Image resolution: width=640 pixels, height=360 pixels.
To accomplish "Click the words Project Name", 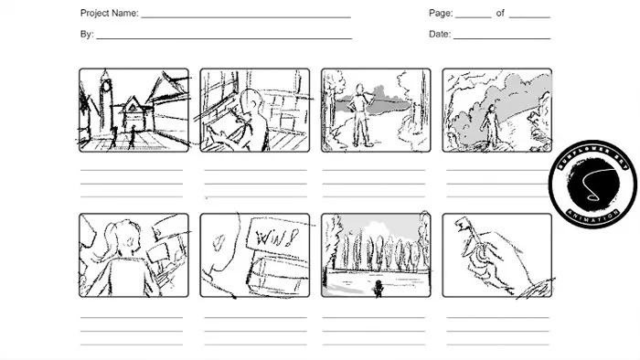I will pos(109,14).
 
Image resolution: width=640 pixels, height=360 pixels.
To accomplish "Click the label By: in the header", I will pos(87,35).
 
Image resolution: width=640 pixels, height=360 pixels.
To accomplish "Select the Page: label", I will pos(441,14).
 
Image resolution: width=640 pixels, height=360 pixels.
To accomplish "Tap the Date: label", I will pos(440,35).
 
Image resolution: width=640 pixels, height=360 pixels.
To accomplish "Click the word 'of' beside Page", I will pos(500,14).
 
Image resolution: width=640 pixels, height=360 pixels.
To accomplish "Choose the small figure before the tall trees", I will pos(379,288).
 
